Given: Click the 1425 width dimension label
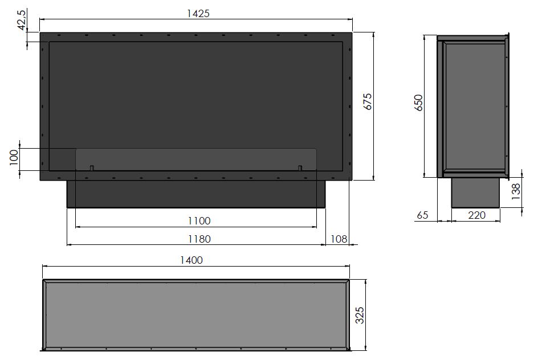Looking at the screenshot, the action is [198, 13].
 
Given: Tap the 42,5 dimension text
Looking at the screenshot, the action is [22, 21].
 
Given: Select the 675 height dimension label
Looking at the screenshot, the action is [368, 101].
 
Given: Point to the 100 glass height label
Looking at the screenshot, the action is [14, 157].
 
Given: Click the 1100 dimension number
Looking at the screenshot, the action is [199, 220].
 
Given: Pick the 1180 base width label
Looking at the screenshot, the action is [199, 239].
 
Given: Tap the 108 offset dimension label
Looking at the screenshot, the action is [339, 239].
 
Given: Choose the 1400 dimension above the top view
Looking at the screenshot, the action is [191, 260].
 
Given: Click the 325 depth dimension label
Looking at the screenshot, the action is [360, 315].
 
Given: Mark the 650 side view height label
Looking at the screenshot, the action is [419, 103].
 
